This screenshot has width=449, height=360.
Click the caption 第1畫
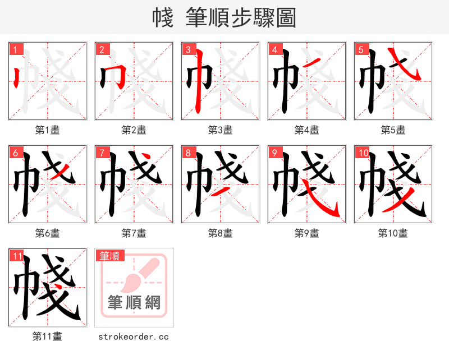48,130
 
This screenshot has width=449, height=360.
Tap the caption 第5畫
393,130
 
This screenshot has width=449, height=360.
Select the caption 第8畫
220,233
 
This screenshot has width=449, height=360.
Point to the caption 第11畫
48,336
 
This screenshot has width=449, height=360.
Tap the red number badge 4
274,50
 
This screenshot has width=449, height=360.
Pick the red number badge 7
102,153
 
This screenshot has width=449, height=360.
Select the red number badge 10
363,153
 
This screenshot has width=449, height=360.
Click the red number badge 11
16,256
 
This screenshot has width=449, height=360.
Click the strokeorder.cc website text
134,336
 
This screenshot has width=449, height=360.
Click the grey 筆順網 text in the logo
134,303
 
